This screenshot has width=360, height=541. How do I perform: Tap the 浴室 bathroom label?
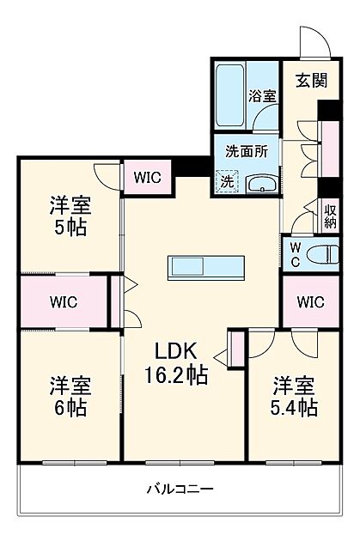263,97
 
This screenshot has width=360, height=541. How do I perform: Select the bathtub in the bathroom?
229,94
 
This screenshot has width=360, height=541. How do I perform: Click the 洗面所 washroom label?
246,149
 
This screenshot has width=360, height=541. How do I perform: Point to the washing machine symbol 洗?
226,182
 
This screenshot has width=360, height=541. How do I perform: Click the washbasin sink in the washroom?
259,183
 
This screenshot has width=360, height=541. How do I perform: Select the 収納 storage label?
331,214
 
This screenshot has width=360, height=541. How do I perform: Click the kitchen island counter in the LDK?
206,267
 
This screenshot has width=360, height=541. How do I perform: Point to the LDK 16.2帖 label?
180,362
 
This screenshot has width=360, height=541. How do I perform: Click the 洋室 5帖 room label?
70,217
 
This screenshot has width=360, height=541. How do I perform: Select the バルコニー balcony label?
180,489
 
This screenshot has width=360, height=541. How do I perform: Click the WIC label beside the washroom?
147,179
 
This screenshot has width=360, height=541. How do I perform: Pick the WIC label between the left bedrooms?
63,301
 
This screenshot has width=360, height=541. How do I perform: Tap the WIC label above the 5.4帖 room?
311,302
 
